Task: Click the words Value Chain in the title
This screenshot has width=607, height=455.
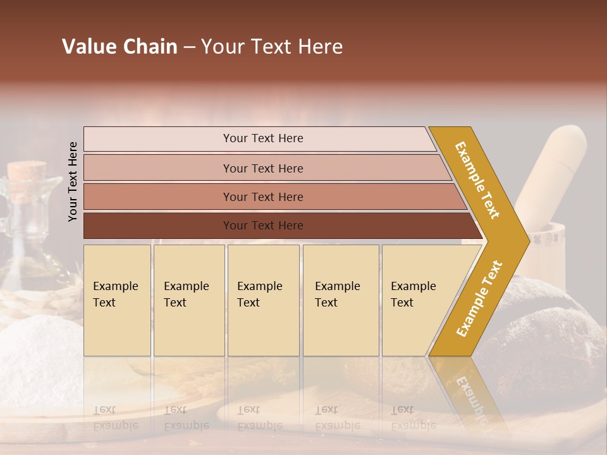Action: pyautogui.click(x=120, y=47)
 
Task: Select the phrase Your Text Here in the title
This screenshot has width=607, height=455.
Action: pyautogui.click(x=272, y=47)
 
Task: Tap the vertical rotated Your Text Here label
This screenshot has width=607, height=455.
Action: pyautogui.click(x=73, y=181)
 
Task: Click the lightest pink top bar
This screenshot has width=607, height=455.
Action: pyautogui.click(x=262, y=138)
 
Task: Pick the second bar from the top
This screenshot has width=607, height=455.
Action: pyautogui.click(x=262, y=168)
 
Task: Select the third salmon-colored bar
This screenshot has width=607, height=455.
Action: pyautogui.click(x=262, y=197)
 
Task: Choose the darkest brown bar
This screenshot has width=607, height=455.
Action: pyautogui.click(x=262, y=226)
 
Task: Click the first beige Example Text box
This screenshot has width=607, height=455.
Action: pyautogui.click(x=117, y=300)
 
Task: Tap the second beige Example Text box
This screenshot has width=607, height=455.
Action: pyautogui.click(x=188, y=300)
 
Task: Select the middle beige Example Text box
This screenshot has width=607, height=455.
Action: pyautogui.click(x=263, y=300)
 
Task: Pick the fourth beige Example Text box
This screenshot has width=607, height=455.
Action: pyautogui.click(x=340, y=300)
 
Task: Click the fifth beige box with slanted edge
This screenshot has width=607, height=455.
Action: pyautogui.click(x=417, y=300)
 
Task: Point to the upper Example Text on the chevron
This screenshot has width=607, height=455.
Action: pyautogui.click(x=477, y=180)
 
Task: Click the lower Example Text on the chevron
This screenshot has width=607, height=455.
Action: pyautogui.click(x=479, y=298)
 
